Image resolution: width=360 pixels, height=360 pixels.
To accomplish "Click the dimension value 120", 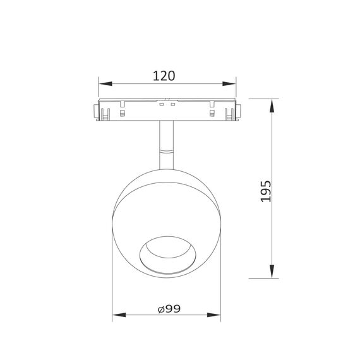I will pyautogui.click(x=164, y=76).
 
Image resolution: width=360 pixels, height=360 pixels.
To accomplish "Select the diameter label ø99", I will pyautogui.click(x=169, y=309).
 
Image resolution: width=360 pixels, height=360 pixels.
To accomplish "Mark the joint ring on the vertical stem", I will pyautogui.click(x=166, y=152).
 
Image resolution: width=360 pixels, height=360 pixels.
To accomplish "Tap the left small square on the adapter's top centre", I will pyautogui.click(x=162, y=105).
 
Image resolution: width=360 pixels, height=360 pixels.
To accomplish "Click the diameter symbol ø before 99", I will pyautogui.click(x=160, y=309).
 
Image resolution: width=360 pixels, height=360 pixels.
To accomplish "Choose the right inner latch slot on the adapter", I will pyautogui.click(x=212, y=114).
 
